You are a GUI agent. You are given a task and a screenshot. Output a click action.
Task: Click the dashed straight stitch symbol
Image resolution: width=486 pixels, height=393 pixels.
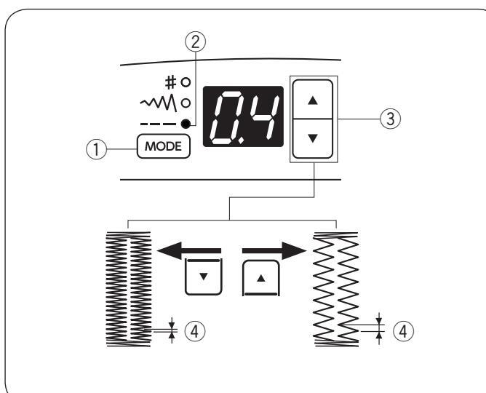tap(162, 125)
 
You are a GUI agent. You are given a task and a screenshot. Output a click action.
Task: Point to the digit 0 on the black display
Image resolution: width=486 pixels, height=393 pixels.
tap(224, 119)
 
